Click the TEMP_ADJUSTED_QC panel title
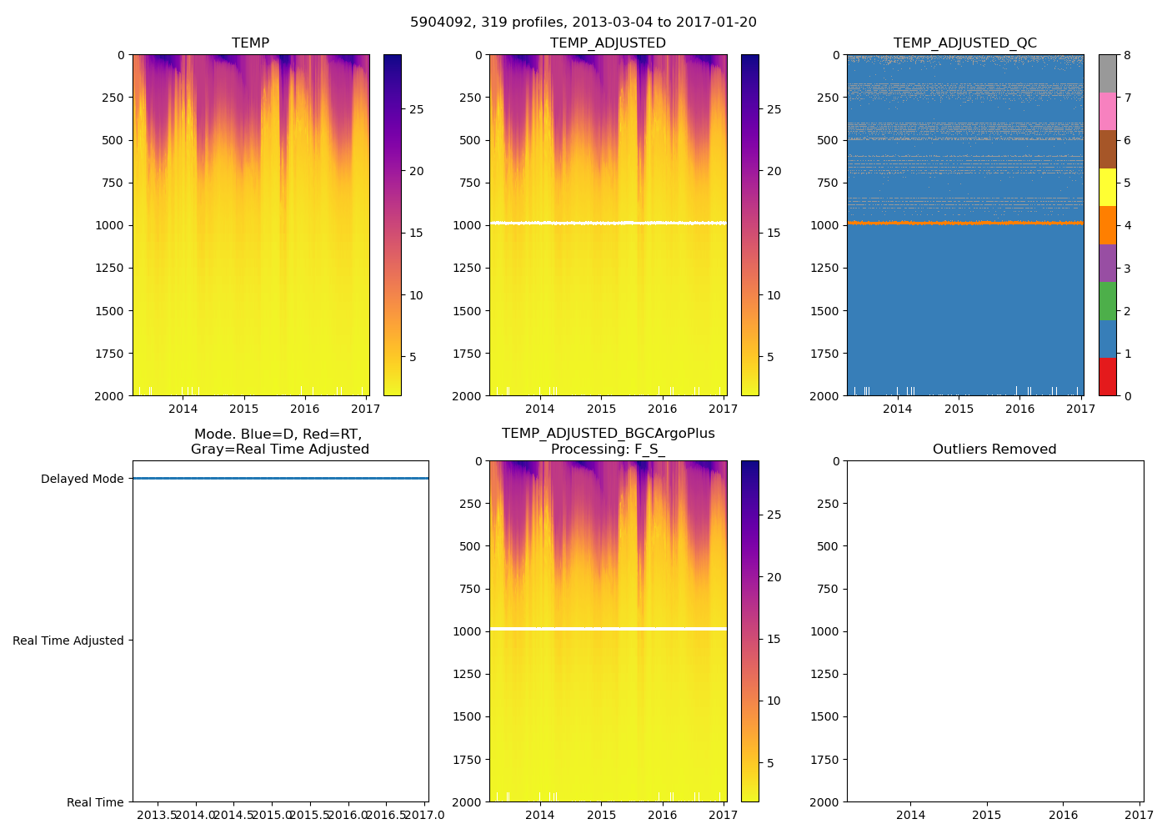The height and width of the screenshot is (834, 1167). [x=964, y=43]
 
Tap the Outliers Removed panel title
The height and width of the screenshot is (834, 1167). [x=994, y=450]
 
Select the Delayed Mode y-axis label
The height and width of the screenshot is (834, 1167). [x=82, y=479]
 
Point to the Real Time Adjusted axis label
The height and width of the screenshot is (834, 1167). [x=68, y=641]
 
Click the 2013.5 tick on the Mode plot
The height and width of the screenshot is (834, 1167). [x=156, y=815]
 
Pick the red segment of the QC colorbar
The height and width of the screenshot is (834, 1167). [x=1108, y=377]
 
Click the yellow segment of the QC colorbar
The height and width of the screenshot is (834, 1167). [x=1108, y=187]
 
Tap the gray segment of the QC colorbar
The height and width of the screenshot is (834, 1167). [x=1108, y=73]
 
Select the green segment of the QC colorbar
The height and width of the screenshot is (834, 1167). [x=1108, y=301]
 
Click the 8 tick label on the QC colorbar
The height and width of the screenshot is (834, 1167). [x=1127, y=56]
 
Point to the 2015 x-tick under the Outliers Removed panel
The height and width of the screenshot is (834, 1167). [x=987, y=815]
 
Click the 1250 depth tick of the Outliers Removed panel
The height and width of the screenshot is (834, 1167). [x=824, y=674]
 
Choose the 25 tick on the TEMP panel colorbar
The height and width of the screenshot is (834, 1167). [x=416, y=109]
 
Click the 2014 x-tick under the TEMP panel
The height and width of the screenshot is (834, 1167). [x=183, y=409]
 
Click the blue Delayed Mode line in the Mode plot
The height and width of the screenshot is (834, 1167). [x=280, y=479]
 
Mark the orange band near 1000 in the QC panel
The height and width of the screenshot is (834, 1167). [x=964, y=223]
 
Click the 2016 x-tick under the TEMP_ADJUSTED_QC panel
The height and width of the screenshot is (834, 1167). [x=1019, y=409]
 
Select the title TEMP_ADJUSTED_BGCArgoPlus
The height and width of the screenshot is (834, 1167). [x=608, y=434]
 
